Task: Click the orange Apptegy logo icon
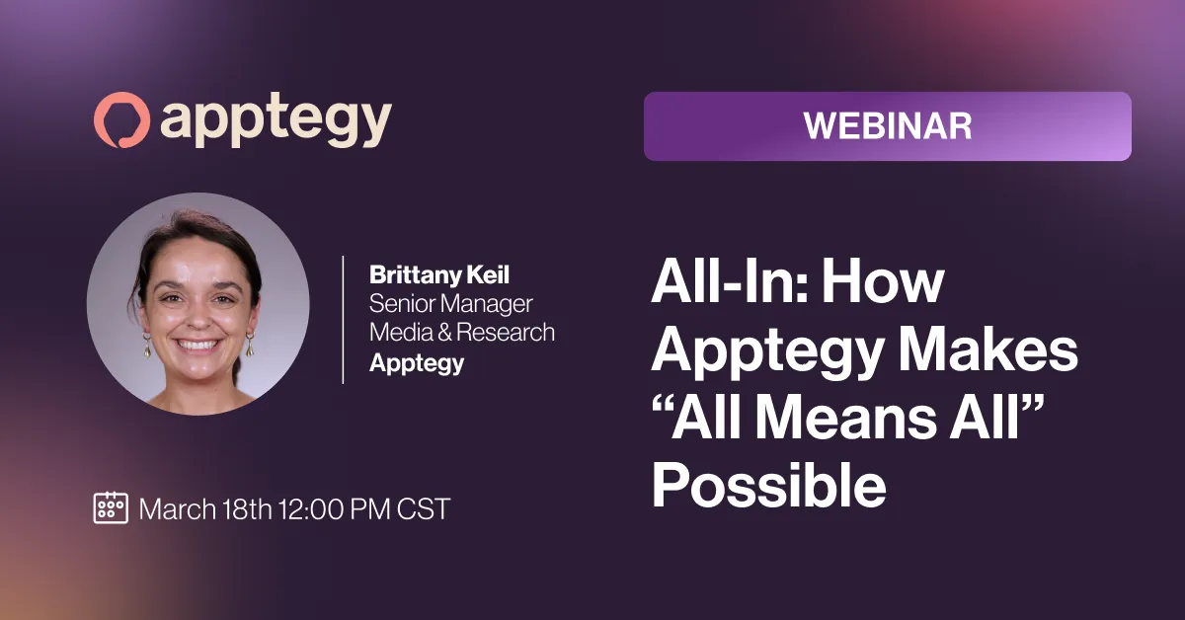(x=121, y=120)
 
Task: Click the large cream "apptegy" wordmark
(x=276, y=122)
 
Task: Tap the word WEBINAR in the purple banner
(x=888, y=126)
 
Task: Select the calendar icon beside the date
(x=111, y=507)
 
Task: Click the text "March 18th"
(x=205, y=508)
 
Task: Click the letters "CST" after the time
(x=424, y=508)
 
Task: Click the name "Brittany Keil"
(x=439, y=274)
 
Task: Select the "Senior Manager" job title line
(x=450, y=304)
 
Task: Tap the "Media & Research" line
(x=462, y=333)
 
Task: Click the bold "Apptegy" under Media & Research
(x=417, y=363)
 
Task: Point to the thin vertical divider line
(x=344, y=320)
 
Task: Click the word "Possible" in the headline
(x=768, y=485)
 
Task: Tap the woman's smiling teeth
(x=197, y=346)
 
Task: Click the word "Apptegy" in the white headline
(x=767, y=353)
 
